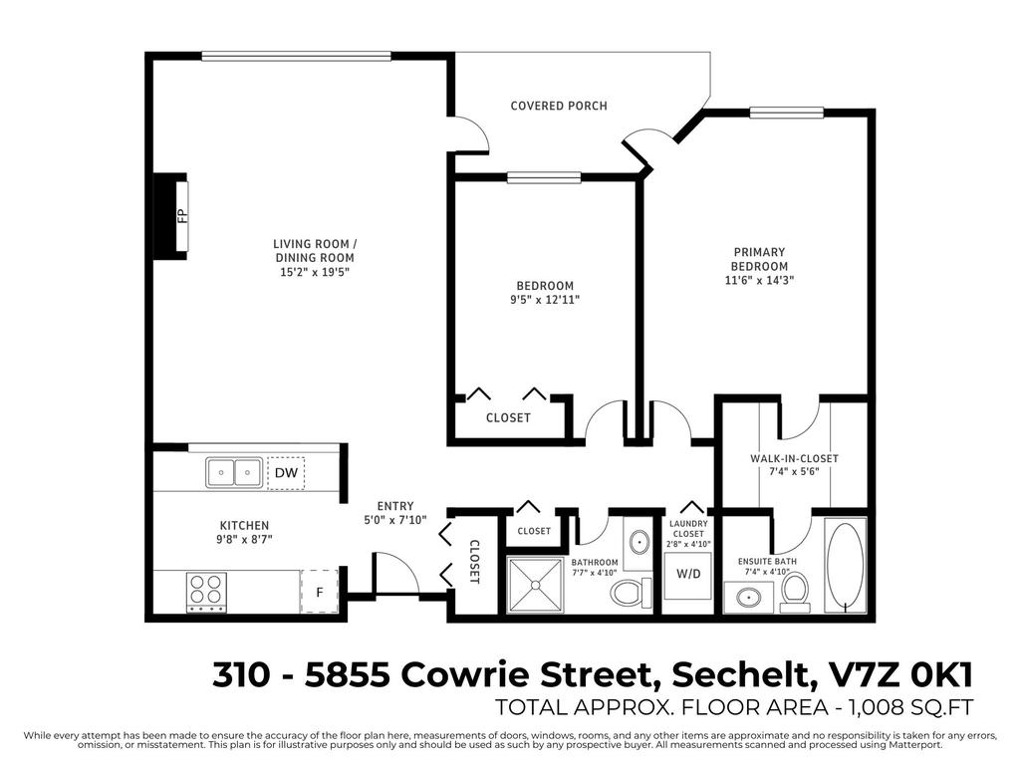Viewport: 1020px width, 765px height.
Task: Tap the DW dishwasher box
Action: click(286, 473)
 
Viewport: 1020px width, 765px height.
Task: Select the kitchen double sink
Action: click(235, 472)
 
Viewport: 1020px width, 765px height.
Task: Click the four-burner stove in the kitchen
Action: click(206, 592)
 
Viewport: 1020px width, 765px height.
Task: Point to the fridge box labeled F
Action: click(319, 592)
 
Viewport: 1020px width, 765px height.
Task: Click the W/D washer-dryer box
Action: click(688, 575)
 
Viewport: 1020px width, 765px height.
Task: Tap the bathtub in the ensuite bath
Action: click(847, 566)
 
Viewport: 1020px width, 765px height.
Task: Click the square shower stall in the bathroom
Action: click(537, 586)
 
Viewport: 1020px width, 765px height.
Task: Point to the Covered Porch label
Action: click(558, 106)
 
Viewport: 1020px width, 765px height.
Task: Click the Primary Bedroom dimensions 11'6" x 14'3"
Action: click(760, 281)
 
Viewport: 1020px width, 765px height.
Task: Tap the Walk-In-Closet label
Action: click(794, 459)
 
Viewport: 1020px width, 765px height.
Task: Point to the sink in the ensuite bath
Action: click(749, 598)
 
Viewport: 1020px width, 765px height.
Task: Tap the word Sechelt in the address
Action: click(738, 675)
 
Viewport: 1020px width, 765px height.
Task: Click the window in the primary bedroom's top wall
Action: click(786, 113)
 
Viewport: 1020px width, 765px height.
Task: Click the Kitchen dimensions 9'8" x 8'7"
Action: click(244, 539)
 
